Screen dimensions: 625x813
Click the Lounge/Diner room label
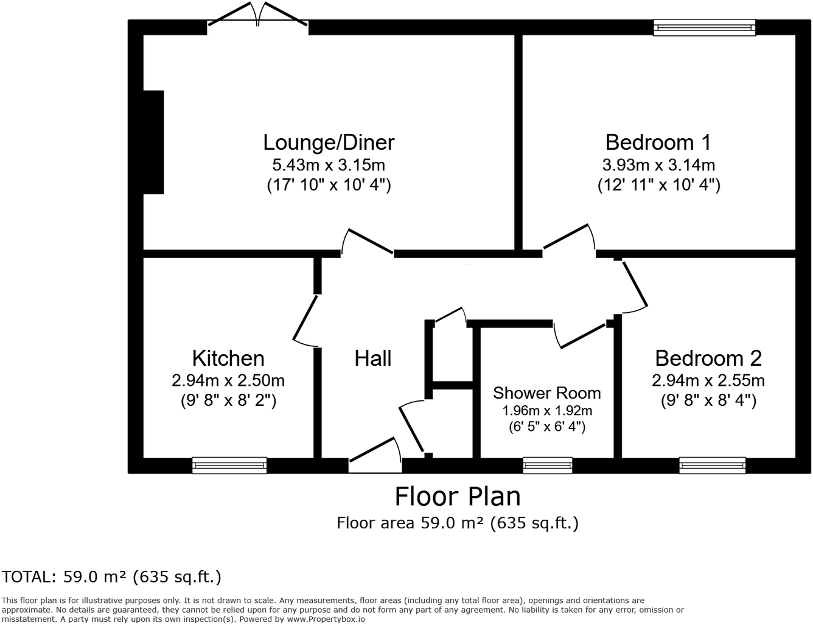(x=329, y=142)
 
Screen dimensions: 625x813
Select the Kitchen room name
(x=228, y=358)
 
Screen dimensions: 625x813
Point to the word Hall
(x=372, y=358)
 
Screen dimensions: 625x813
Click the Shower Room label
(x=546, y=393)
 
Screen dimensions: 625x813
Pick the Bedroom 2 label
(x=708, y=358)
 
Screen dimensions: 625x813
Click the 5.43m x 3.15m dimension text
(x=329, y=165)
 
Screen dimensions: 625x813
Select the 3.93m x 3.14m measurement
(x=658, y=165)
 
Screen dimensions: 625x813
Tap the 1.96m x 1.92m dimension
(x=546, y=411)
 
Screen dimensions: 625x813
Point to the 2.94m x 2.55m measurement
(x=708, y=381)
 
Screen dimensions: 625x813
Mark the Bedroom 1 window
(x=704, y=27)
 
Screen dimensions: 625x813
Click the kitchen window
(x=229, y=466)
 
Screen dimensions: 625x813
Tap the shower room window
(x=547, y=466)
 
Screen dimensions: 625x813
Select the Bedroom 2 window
(x=713, y=466)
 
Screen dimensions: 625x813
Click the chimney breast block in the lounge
(x=153, y=142)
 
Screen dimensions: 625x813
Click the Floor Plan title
(x=458, y=497)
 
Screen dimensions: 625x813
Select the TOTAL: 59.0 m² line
(x=111, y=576)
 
